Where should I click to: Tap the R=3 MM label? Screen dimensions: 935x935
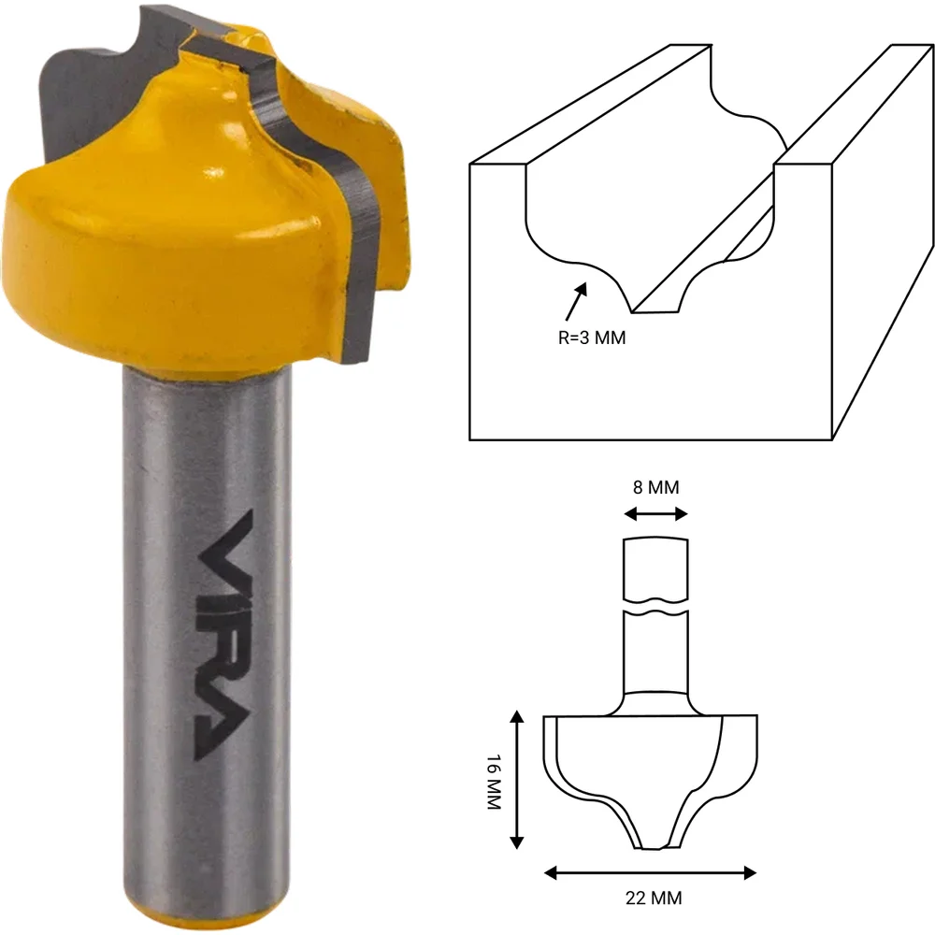[x=592, y=338]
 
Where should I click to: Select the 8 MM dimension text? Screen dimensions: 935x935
[x=656, y=487]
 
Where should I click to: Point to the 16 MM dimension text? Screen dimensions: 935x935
[x=495, y=781]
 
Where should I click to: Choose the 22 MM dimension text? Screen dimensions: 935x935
[x=654, y=898]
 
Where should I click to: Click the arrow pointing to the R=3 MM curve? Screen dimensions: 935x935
[x=575, y=302]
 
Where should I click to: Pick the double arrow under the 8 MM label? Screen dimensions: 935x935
[x=656, y=514]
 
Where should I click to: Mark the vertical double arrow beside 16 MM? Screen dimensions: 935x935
[x=517, y=780]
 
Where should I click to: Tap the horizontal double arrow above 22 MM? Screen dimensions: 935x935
[x=651, y=873]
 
